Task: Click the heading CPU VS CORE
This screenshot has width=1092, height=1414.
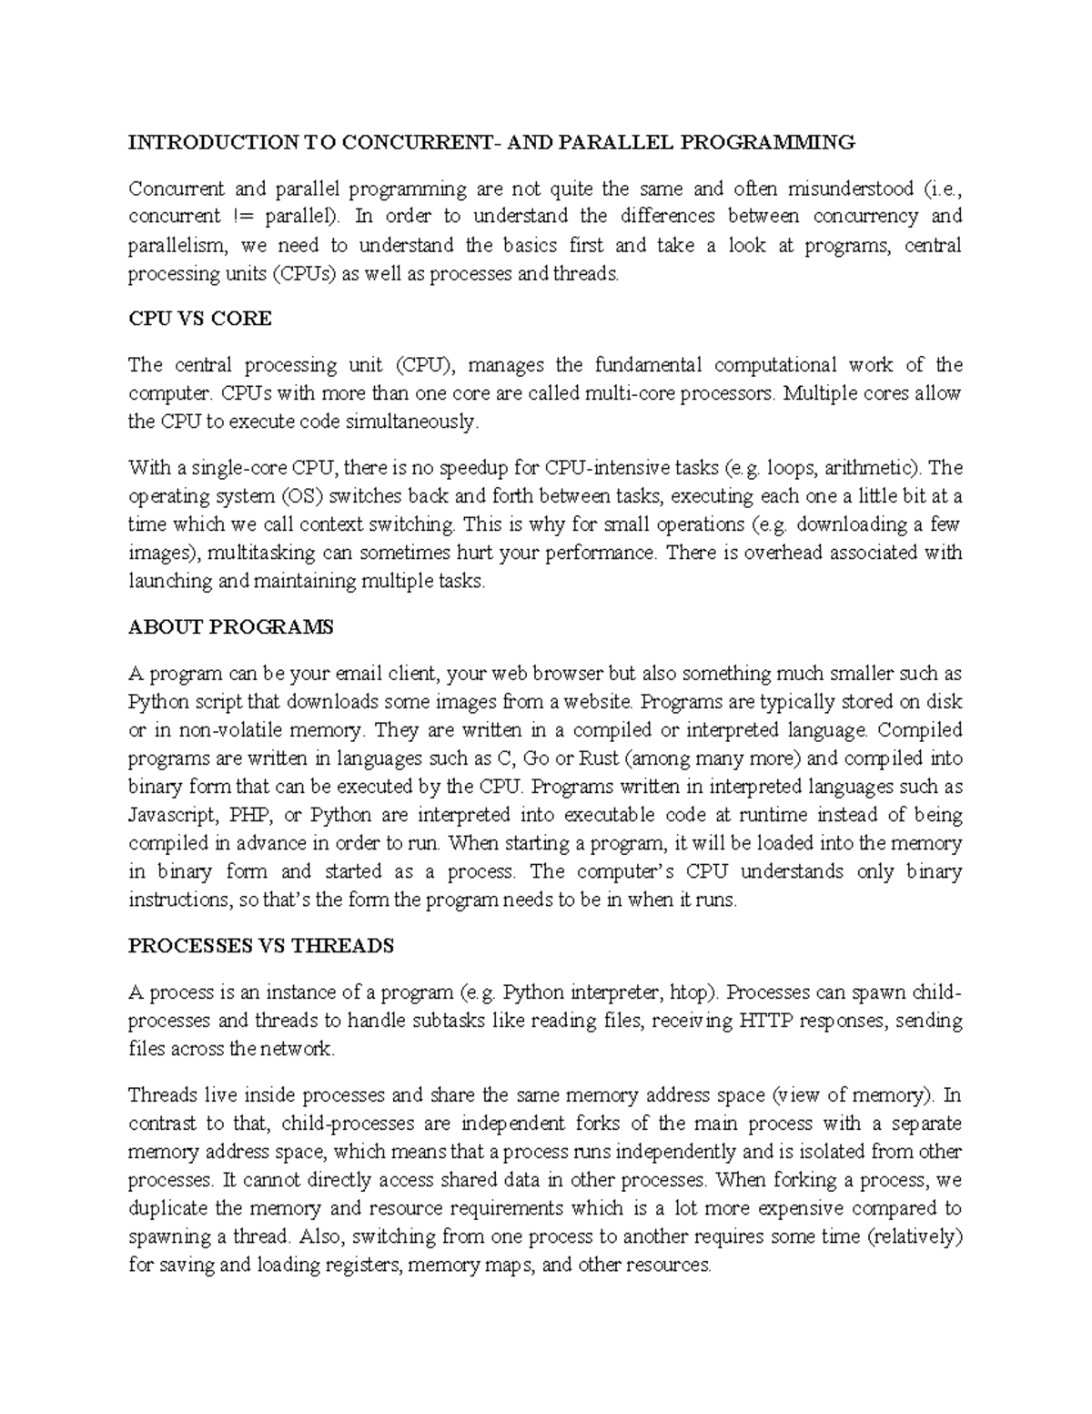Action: (x=199, y=319)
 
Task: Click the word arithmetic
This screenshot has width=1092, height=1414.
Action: (x=875, y=468)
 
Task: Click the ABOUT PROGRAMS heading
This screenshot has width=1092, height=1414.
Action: (x=231, y=627)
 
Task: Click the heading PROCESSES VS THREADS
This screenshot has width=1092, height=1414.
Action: (x=260, y=946)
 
